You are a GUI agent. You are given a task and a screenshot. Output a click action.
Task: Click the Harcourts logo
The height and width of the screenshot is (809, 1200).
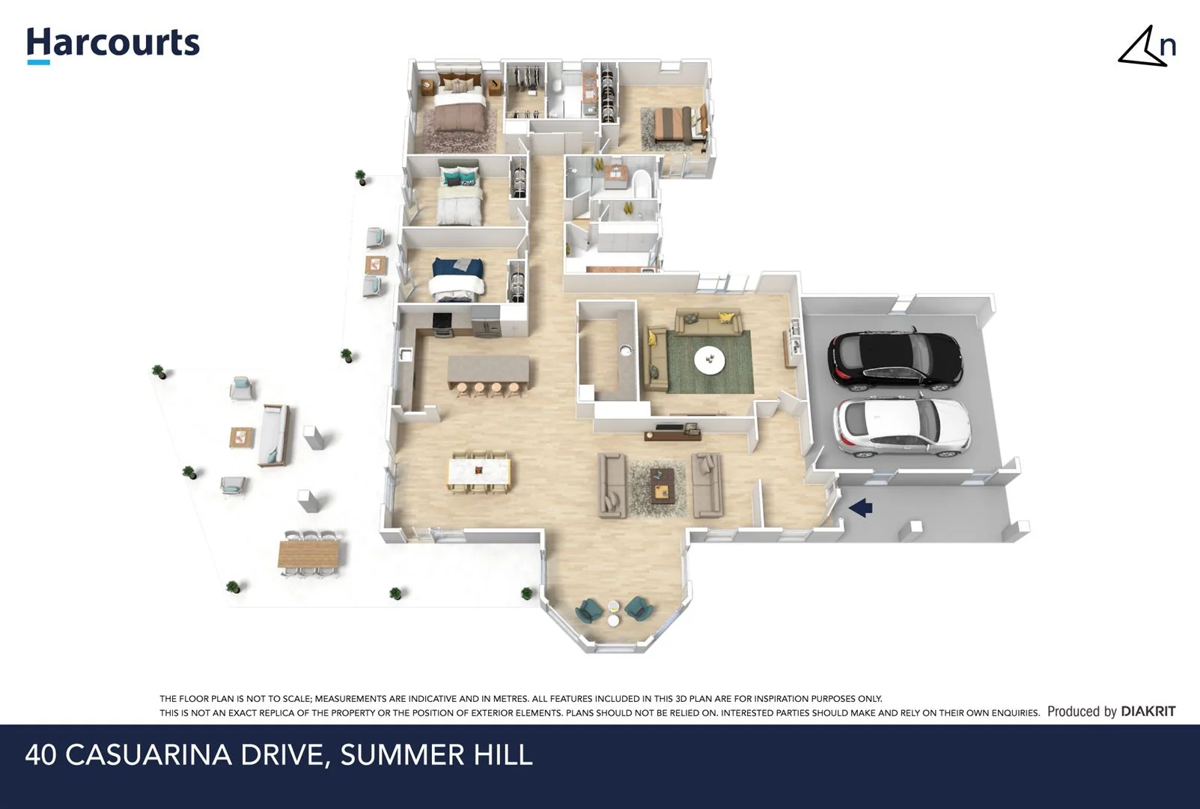click(x=113, y=43)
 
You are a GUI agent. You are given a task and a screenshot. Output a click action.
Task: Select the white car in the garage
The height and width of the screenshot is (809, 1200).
click(x=902, y=428)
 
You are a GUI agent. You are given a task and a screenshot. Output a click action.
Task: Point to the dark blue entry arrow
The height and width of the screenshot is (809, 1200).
click(x=861, y=508)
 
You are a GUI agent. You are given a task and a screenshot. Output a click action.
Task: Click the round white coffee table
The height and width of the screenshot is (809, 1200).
click(x=709, y=360)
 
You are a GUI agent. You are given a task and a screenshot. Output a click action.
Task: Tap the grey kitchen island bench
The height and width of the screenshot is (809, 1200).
click(x=488, y=370)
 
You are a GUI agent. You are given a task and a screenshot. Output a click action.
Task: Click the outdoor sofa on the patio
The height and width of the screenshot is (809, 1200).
click(x=274, y=435)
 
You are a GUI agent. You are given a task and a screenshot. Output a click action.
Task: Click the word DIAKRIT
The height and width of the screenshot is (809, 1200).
click(x=1148, y=712)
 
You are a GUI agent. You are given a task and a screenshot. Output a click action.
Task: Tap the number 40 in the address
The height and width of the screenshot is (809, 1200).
click(x=41, y=754)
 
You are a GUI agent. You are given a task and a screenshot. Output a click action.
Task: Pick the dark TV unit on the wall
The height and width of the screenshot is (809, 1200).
click(x=671, y=431)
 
